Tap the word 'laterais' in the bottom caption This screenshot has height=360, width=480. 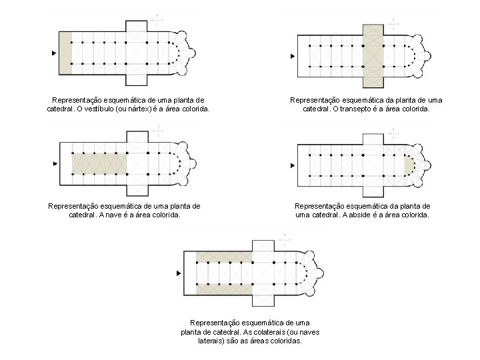click(x=213, y=340)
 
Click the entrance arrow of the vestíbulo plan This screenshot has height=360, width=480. click(x=53, y=53)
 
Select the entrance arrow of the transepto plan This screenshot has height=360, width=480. click(x=292, y=57)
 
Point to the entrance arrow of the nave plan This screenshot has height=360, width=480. click(x=53, y=163)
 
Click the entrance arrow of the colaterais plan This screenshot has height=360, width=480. click(x=178, y=273)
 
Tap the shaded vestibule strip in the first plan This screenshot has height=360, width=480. click(x=65, y=53)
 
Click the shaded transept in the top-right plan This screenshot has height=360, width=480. click(x=373, y=56)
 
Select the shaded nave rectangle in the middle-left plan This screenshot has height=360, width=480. click(x=99, y=163)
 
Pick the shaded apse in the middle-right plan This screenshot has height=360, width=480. click(x=408, y=164)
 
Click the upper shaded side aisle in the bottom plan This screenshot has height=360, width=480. click(x=224, y=257)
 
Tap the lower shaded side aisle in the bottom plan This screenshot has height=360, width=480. click(x=224, y=289)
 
